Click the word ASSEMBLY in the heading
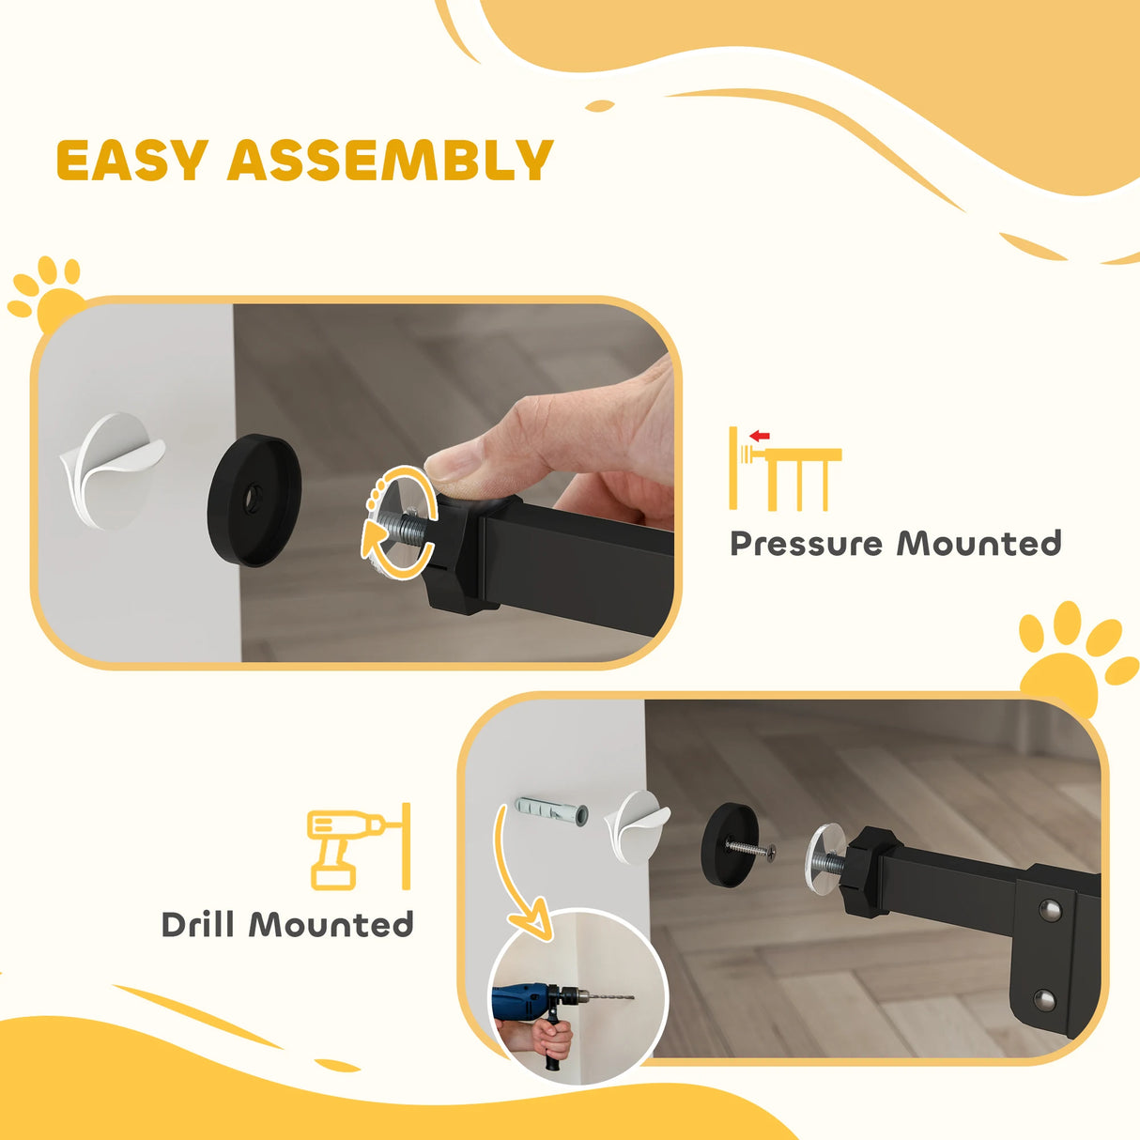tap(390, 161)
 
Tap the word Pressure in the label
tap(806, 544)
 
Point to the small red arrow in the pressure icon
tap(760, 436)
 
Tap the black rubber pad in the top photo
tap(254, 500)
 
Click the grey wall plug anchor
tap(552, 810)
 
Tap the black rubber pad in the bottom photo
tap(729, 842)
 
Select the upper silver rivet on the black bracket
tap(1052, 909)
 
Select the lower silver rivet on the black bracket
tap(1044, 999)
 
